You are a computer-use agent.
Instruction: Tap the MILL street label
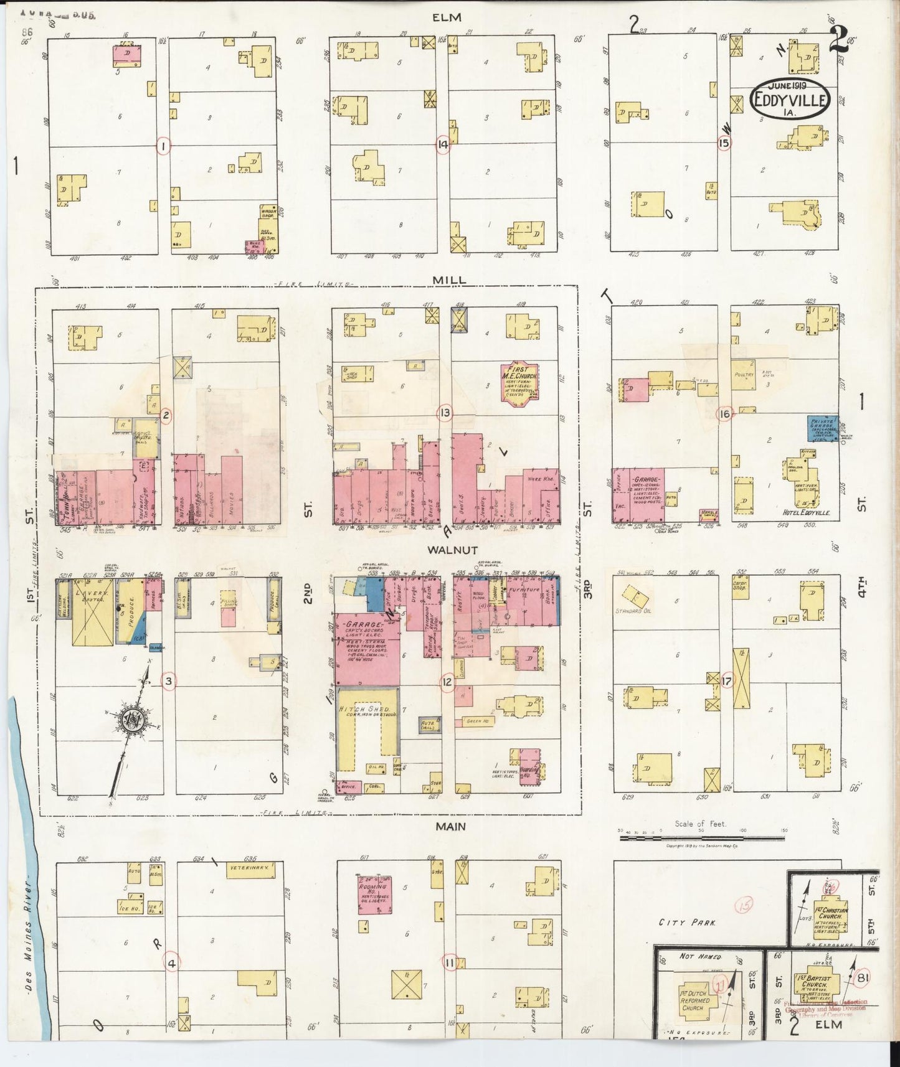[x=450, y=280]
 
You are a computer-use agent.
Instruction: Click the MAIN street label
[x=450, y=826]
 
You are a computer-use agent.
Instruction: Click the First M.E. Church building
[x=519, y=384]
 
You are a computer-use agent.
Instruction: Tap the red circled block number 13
[x=444, y=413]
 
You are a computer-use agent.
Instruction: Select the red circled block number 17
[x=726, y=681]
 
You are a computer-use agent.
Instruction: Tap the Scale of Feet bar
[x=701, y=838]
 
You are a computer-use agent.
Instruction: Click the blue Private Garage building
[x=822, y=429]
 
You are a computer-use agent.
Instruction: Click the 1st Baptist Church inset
[x=814, y=987]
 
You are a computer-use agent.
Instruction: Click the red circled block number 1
[x=163, y=146]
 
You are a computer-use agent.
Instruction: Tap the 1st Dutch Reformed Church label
[x=694, y=998]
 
